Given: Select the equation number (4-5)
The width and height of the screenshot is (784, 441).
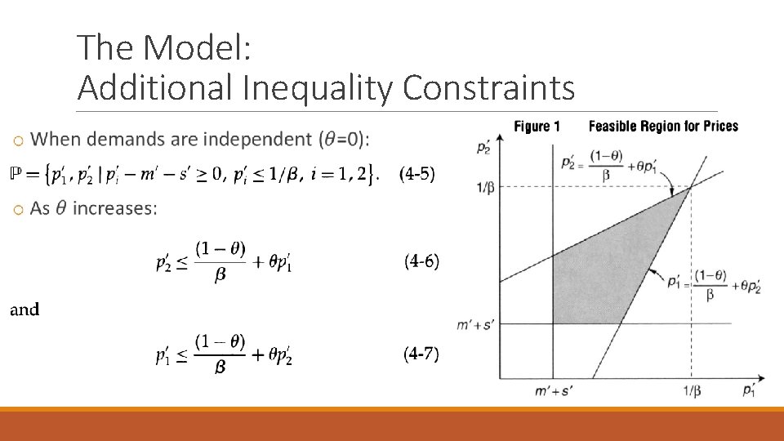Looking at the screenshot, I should coord(416,174).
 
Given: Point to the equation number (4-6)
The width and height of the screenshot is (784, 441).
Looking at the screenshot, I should coord(421,261).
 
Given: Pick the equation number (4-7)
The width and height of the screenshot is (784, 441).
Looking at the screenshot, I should coord(421,354).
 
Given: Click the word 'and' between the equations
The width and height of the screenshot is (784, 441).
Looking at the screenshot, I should coord(24,310).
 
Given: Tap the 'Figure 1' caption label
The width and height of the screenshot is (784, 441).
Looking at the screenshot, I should coord(537,127).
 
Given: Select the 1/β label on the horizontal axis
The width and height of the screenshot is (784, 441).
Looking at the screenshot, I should coord(690,390).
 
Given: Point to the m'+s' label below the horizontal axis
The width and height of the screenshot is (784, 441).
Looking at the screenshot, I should coord(553,391).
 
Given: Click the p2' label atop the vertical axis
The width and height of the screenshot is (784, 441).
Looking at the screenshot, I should coord(483,148).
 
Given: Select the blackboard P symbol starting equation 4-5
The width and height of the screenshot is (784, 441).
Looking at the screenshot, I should coord(14,174).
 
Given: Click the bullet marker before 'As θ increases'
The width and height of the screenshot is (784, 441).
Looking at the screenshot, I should coord(18,212).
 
